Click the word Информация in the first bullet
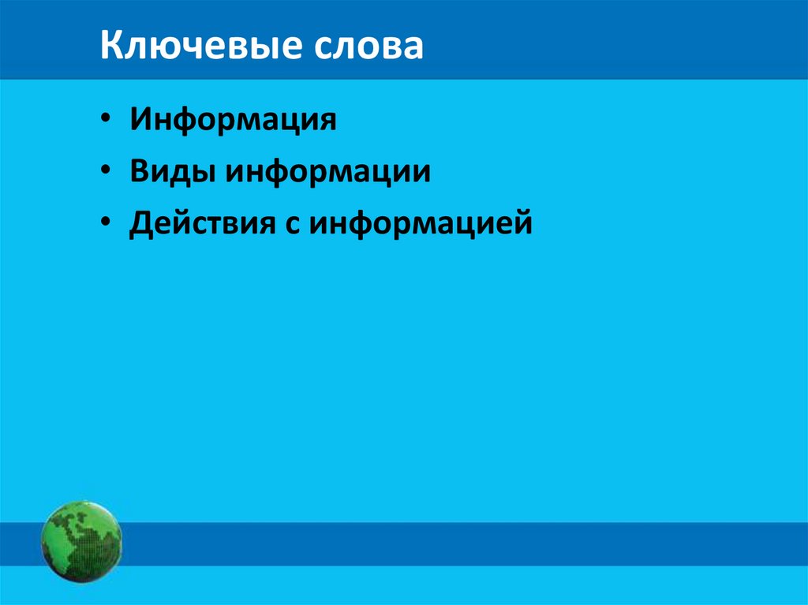pos(234,121)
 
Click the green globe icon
pos(81,542)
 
